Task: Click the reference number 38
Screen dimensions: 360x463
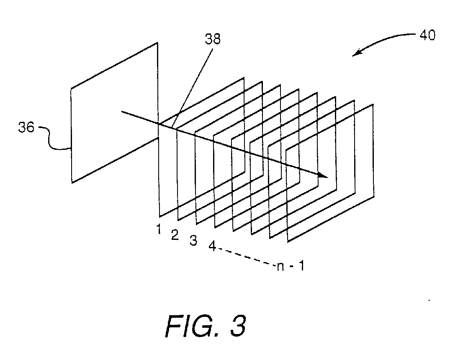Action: click(212, 39)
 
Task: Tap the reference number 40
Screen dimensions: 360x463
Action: click(427, 35)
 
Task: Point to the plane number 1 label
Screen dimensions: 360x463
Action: click(159, 229)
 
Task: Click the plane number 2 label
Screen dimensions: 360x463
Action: click(175, 235)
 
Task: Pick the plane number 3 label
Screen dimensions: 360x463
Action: click(193, 242)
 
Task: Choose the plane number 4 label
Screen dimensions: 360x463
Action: click(212, 247)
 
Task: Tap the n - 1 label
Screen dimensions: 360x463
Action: click(290, 267)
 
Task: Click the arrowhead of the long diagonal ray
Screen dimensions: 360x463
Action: click(323, 175)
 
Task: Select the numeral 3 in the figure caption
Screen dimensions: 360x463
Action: click(236, 325)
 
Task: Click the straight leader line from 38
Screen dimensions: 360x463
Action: click(193, 84)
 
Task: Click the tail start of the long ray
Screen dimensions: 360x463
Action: click(121, 112)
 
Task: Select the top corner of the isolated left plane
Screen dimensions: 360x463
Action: click(158, 43)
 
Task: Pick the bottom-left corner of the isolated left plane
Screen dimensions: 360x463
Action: click(72, 183)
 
